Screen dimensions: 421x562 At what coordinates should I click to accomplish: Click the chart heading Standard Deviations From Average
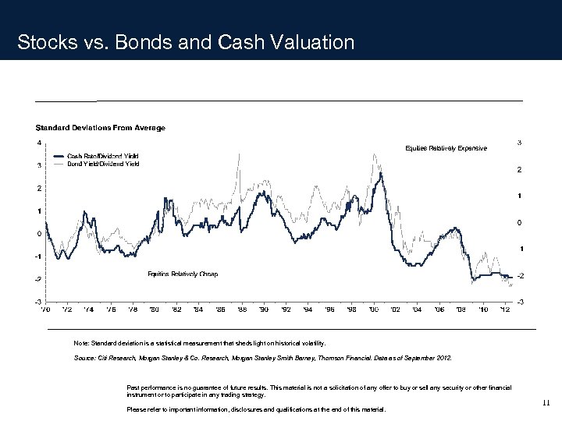coord(100,127)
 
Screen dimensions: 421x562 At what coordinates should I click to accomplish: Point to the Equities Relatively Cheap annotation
coord(183,274)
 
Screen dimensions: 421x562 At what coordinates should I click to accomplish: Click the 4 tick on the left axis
coord(40,142)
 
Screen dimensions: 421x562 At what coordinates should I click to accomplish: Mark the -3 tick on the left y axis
coord(38,301)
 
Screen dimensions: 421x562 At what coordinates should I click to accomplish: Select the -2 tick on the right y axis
coord(521,275)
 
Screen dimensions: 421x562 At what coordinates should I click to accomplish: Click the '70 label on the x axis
coord(45,310)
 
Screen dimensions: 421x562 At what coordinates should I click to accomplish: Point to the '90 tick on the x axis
coord(264,310)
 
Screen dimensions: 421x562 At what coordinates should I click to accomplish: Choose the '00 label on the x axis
coord(373,310)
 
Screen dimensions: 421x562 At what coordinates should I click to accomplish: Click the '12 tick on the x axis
coord(505,310)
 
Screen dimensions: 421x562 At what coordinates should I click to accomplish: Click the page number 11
coord(545,403)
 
